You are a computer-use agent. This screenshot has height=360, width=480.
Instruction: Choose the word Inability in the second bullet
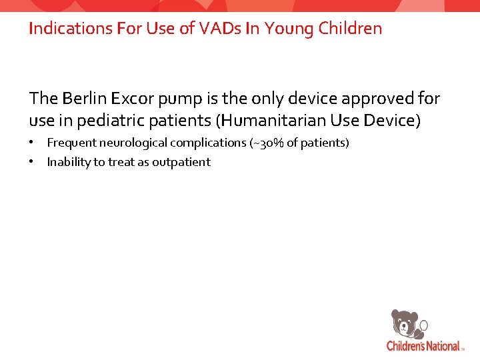(67, 162)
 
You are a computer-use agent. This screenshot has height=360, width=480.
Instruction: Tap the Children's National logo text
(423, 346)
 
